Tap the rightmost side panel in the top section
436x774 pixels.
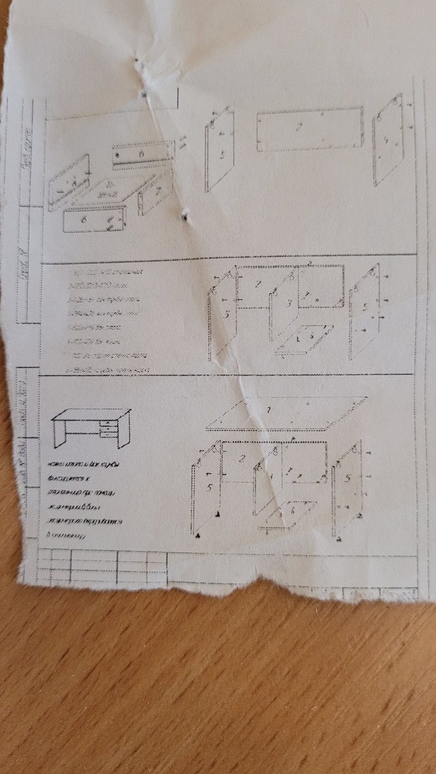point(388,140)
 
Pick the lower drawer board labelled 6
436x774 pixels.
point(94,219)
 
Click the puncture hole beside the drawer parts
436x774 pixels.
point(184,216)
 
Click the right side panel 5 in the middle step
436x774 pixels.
point(365,312)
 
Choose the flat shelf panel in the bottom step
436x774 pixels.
point(293,512)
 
